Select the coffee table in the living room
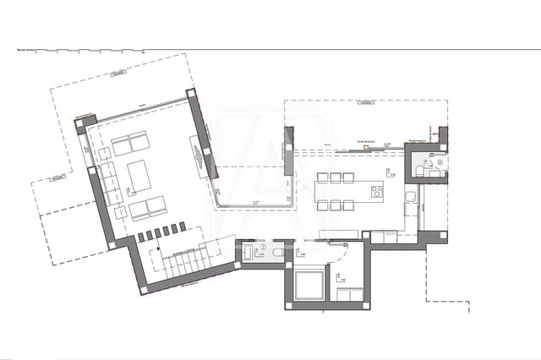[x=139, y=175]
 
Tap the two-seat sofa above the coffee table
[x=130, y=145]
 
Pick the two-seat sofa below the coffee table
[x=146, y=206]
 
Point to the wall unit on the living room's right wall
[x=201, y=155]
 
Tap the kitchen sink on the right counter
[x=409, y=199]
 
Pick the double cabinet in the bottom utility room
[x=347, y=293]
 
